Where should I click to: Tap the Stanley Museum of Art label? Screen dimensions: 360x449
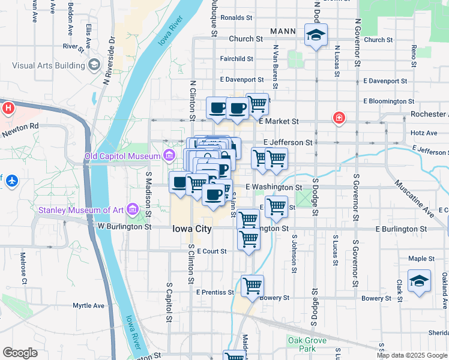tap(82, 210)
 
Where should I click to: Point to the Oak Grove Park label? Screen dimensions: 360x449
tap(307, 344)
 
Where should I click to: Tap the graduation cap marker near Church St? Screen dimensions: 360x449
tap(315, 35)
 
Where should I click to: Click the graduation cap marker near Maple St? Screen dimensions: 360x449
tap(419, 280)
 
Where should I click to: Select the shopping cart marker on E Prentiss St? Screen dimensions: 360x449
tap(253, 286)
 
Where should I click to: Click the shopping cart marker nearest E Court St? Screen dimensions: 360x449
tap(249, 239)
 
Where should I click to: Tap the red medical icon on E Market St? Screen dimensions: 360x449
tap(339, 118)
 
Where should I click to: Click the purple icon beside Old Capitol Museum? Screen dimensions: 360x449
tap(170, 157)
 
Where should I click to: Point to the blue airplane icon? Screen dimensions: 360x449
tap(11, 179)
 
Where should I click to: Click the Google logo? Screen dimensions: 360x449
tap(20, 353)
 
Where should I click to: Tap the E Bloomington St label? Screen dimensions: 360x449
tap(389, 101)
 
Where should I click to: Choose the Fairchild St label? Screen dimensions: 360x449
tap(237, 59)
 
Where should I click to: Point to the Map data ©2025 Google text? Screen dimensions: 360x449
tap(411, 355)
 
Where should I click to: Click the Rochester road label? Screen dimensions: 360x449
tap(429, 114)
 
